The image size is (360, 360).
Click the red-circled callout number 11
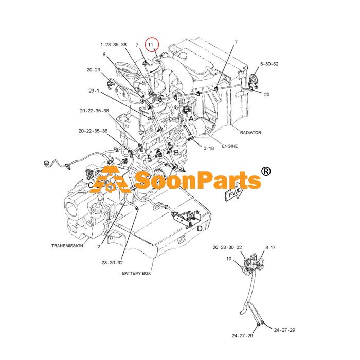point(151,45)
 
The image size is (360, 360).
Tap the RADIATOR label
point(250,133)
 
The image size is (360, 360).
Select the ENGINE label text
point(229,146)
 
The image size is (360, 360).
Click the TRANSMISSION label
point(67,246)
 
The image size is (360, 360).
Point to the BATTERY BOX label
point(136,273)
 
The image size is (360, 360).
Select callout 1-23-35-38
point(114,45)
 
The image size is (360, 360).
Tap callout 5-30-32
point(269,64)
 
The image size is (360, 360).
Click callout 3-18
point(209,148)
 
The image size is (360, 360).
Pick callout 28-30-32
point(112,263)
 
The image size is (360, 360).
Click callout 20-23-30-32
point(227,247)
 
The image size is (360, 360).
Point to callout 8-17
point(270,247)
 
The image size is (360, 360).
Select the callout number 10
point(229,259)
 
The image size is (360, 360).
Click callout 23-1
point(94,91)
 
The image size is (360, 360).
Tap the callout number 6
point(104,55)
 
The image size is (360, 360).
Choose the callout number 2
point(99,246)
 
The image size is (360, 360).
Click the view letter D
point(200,229)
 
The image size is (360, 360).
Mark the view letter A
point(191,119)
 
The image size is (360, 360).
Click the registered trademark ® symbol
point(266,171)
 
